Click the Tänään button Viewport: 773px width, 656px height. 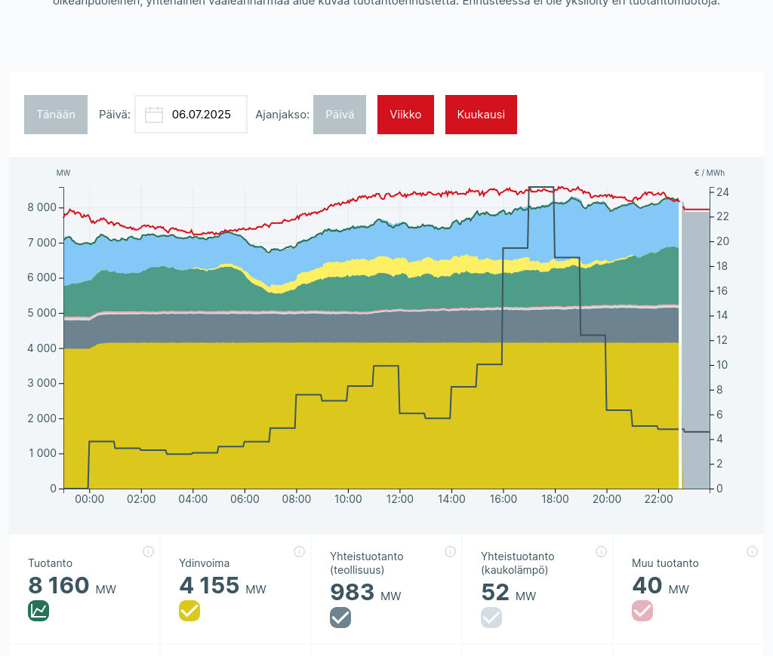tap(56, 115)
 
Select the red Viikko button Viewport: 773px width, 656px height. tap(405, 115)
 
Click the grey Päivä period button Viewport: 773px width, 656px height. tap(340, 115)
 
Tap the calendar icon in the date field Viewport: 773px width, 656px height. tap(154, 115)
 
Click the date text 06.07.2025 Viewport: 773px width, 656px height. tap(202, 115)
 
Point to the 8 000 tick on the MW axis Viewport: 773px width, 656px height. tap(42, 207)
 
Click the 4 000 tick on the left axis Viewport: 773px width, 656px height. tap(42, 348)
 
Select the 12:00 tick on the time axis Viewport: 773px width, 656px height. tap(400, 499)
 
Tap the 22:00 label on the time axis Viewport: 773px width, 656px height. tap(659, 499)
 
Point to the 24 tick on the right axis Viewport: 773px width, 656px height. tap(722, 192)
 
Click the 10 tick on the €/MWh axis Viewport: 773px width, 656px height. tap(722, 365)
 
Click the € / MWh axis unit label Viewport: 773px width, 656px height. tap(710, 173)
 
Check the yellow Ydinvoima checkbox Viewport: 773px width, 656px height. tap(189, 611)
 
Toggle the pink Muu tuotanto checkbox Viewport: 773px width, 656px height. tap(642, 611)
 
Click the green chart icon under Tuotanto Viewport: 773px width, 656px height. tap(38, 611)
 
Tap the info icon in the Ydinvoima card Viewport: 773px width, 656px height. tap(299, 552)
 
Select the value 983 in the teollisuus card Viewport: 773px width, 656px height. tap(352, 593)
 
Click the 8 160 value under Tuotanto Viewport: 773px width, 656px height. tap(59, 586)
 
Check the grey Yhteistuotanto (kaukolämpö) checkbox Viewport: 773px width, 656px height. tap(491, 618)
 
